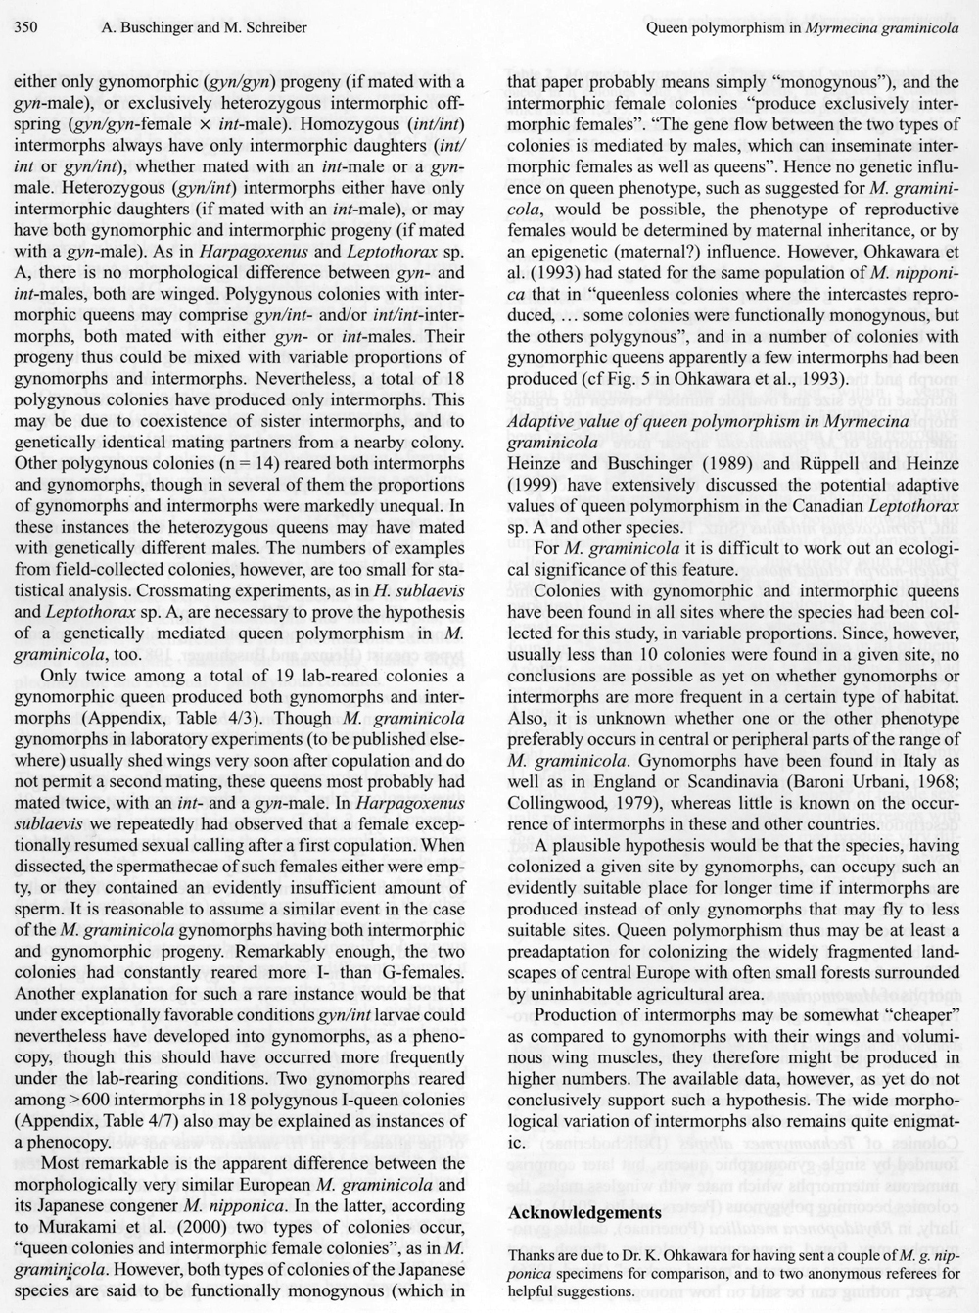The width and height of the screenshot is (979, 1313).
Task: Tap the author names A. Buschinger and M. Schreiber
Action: pos(204,27)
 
